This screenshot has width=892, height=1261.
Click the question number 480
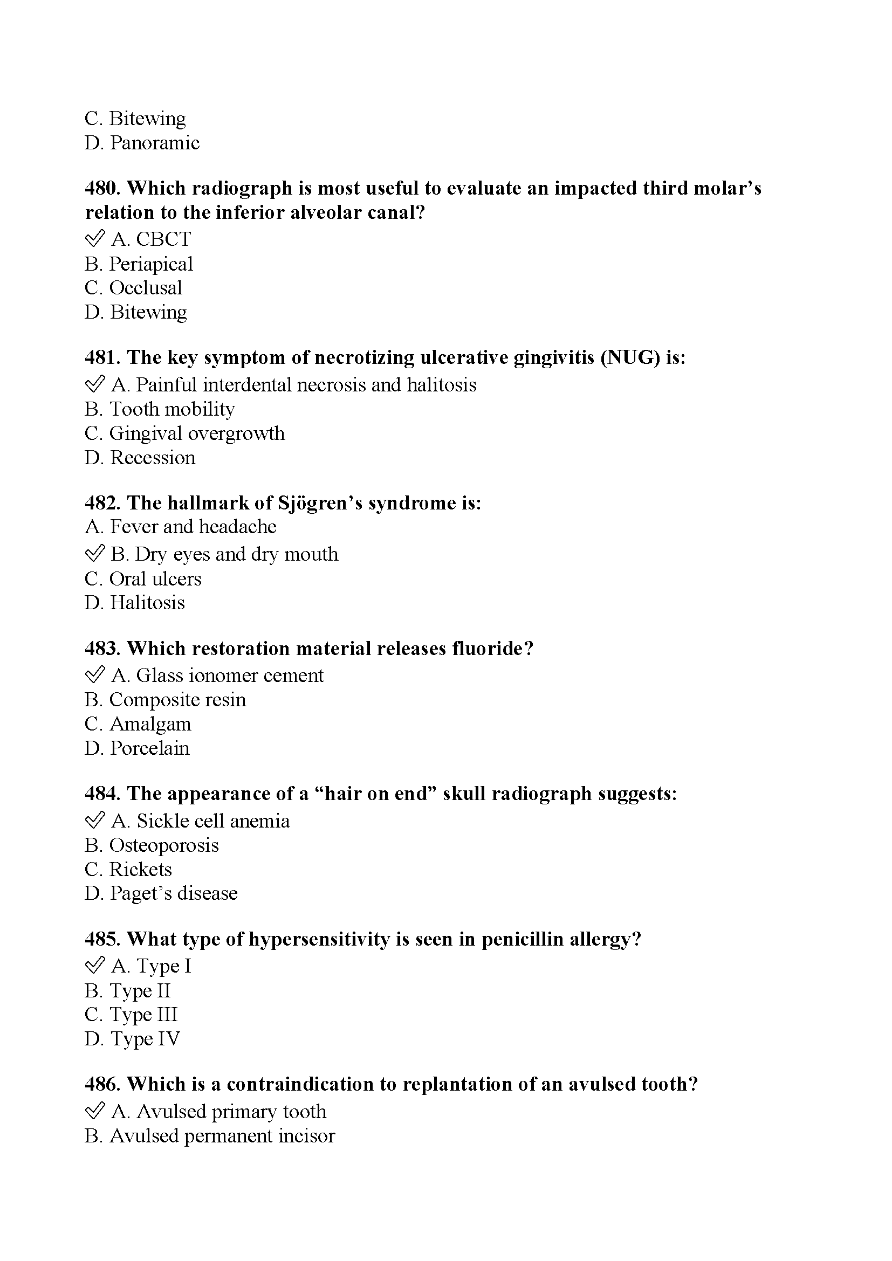(102, 188)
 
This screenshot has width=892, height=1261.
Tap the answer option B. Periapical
(139, 264)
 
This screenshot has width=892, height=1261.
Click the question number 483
(102, 649)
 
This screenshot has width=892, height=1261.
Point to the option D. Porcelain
(138, 748)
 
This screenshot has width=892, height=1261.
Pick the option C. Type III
(131, 1015)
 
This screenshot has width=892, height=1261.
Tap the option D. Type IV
(132, 1038)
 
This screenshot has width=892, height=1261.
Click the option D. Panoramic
(142, 143)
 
